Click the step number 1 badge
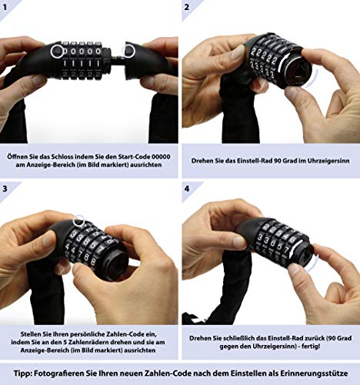(x=5, y=7)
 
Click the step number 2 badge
(x=187, y=7)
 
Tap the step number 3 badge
(x=5, y=189)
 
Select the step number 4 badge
(x=187, y=189)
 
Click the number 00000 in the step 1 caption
(x=161, y=156)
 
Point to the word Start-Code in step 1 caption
(x=134, y=156)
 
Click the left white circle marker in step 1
(x=57, y=52)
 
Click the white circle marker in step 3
(x=79, y=221)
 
